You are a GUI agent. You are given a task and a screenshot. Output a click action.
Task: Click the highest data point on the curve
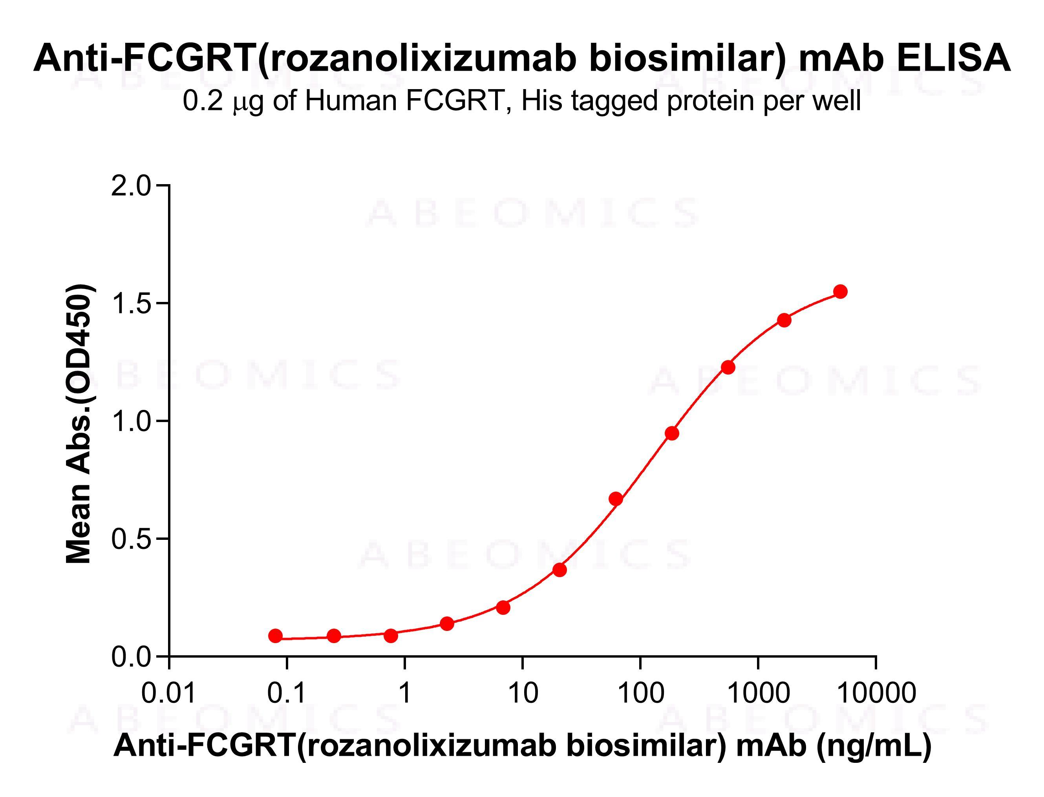pyautogui.click(x=841, y=291)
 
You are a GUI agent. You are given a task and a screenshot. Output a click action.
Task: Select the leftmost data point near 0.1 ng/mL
pyautogui.click(x=275, y=636)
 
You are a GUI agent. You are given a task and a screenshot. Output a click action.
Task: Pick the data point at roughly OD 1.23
pyautogui.click(x=728, y=367)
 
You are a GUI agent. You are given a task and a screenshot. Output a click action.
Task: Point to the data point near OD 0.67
pyautogui.click(x=616, y=499)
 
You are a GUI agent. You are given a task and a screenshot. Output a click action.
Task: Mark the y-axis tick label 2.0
pyautogui.click(x=130, y=186)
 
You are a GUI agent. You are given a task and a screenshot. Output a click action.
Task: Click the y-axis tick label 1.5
pyautogui.click(x=130, y=303)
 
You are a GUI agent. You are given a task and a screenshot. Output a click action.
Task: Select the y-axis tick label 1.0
pyautogui.click(x=130, y=421)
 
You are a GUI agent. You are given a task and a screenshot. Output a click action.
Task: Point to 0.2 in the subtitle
pyautogui.click(x=203, y=101)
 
